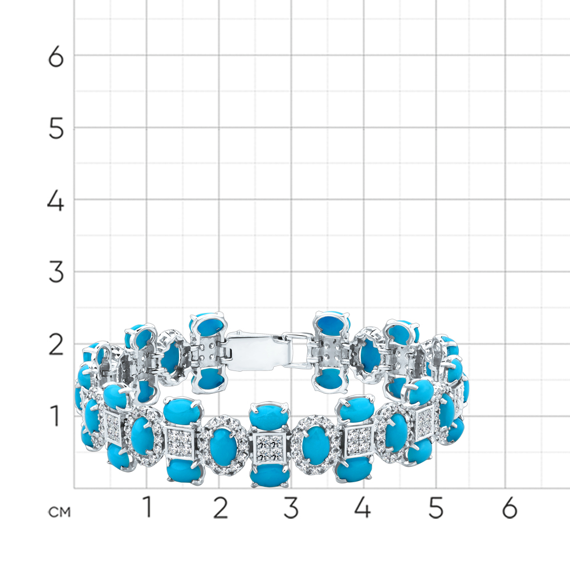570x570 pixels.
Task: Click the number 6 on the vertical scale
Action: [x=56, y=56]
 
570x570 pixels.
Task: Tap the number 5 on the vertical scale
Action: [x=56, y=128]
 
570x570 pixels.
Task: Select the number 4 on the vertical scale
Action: [x=56, y=201]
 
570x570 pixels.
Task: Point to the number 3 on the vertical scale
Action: [x=56, y=272]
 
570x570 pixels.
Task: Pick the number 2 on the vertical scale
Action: [x=56, y=345]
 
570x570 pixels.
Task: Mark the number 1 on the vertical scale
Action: [x=55, y=416]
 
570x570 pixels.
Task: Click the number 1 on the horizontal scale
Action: [x=147, y=507]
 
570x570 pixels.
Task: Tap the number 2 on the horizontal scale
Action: [x=220, y=507]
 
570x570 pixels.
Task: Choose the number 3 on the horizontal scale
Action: [x=291, y=507]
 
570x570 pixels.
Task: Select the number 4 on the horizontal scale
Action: [x=363, y=507]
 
